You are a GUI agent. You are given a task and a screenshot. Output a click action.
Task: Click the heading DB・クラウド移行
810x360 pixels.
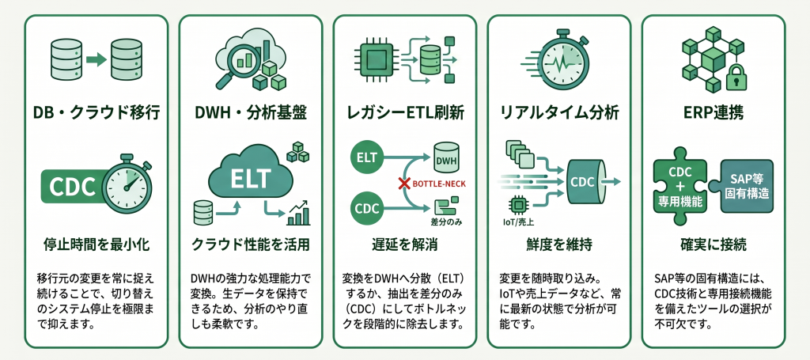tap(96, 112)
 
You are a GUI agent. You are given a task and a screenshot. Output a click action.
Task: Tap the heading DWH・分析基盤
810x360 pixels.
tap(251, 112)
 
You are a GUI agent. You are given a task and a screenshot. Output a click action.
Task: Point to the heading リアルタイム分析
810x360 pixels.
tap(559, 112)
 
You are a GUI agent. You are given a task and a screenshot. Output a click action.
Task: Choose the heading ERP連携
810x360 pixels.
tap(713, 112)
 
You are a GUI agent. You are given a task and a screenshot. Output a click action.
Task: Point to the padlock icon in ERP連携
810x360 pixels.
tap(736, 76)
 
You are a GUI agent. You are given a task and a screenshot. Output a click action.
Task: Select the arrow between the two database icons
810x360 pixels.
tap(96, 60)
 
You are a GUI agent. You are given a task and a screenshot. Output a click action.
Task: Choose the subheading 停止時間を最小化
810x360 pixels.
tap(96, 244)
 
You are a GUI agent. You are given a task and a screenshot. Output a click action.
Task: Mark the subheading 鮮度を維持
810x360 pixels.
tap(559, 244)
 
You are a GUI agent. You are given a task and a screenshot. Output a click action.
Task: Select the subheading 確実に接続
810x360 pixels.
tap(713, 244)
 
